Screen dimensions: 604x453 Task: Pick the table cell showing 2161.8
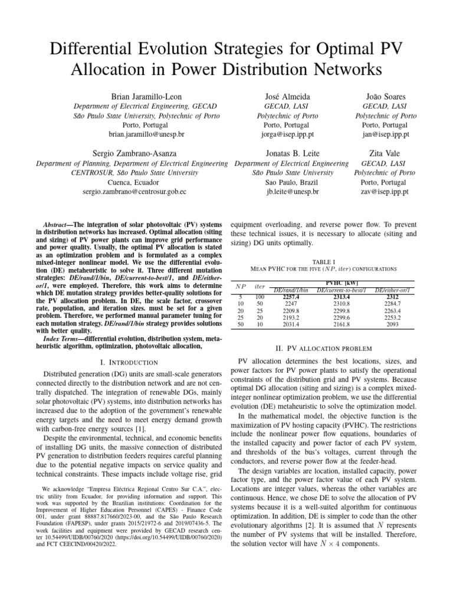(x=342, y=324)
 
